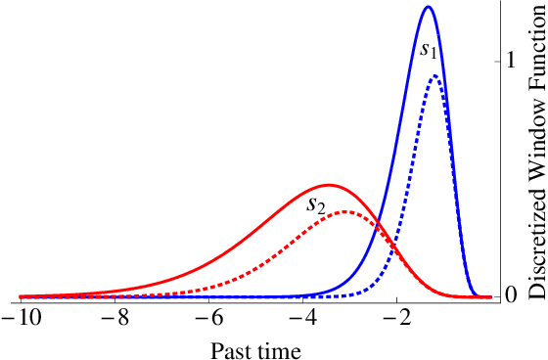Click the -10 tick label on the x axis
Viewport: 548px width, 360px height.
coord(21,320)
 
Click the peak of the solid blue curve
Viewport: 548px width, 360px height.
coord(428,7)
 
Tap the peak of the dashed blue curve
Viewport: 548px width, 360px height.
coord(435,76)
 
